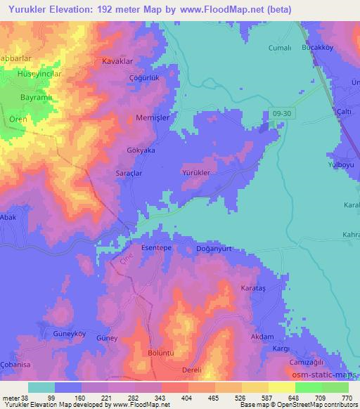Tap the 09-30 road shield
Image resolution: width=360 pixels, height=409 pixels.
pos(280,112)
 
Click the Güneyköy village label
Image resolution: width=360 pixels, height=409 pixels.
pos(68,333)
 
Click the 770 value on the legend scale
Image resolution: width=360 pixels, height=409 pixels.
pos(348,397)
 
